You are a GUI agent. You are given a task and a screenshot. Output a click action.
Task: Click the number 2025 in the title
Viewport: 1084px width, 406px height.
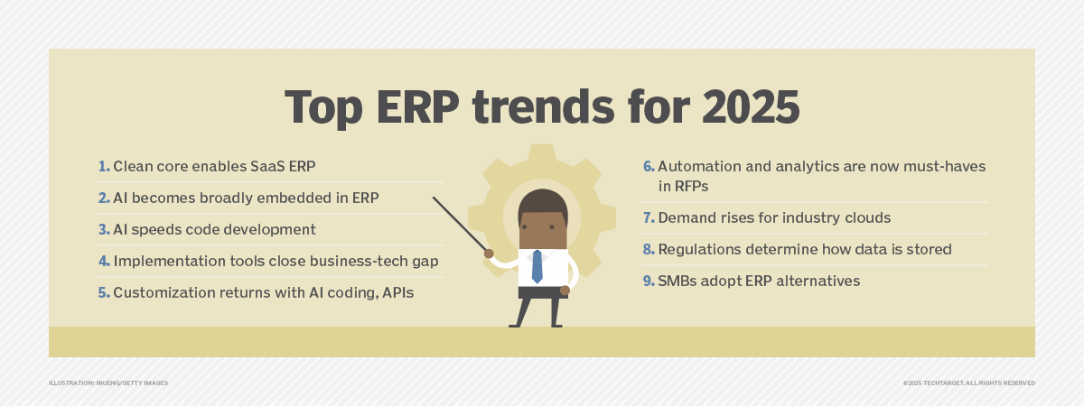pos(751,106)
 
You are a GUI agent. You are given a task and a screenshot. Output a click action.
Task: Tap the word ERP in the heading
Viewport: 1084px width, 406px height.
pos(417,106)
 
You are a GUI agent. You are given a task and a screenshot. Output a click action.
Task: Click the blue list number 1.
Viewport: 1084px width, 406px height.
pos(104,166)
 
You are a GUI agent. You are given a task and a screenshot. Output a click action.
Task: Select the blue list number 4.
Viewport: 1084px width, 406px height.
pos(105,261)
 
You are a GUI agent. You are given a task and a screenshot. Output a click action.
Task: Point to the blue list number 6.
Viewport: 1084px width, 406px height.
pos(649,166)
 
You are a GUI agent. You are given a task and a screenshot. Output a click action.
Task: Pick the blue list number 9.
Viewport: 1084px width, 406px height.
pos(649,281)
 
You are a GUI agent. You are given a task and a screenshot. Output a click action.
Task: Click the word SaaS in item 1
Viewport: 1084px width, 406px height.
pos(267,166)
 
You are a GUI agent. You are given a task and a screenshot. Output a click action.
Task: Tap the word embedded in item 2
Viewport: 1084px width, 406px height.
pos(289,198)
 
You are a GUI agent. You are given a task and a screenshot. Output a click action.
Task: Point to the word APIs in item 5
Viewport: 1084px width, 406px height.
pos(397,292)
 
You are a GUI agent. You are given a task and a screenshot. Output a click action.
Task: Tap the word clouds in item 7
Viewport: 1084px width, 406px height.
pos(868,217)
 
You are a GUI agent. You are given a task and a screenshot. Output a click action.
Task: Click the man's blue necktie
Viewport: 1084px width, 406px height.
pos(537,266)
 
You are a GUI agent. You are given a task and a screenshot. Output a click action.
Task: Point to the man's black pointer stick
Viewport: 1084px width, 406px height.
pos(460,224)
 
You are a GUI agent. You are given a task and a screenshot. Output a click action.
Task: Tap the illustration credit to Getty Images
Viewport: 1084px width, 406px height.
pos(108,383)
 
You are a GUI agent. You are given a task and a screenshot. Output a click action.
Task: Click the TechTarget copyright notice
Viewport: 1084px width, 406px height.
pos(968,383)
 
